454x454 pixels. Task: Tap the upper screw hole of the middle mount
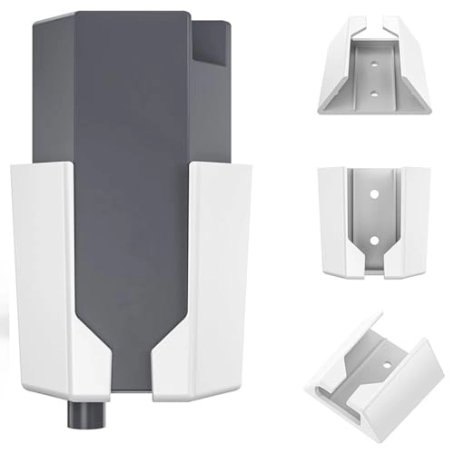click(x=372, y=193)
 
